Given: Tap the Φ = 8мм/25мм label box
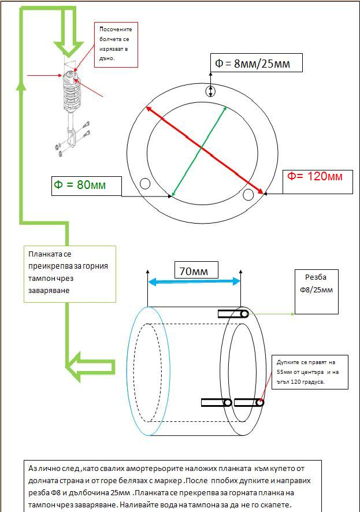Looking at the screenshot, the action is tap(256, 62).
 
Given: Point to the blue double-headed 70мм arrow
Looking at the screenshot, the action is tap(194, 281).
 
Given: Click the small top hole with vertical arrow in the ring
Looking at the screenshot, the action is tap(210, 91).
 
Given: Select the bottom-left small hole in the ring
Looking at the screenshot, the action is tap(145, 184).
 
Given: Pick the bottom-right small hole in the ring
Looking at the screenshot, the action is tap(248, 195).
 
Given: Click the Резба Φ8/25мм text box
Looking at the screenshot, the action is tap(316, 292).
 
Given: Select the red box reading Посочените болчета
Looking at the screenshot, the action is tap(116, 44).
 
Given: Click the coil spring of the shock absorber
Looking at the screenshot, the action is tap(72, 93).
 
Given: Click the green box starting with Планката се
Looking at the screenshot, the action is tap(70, 274).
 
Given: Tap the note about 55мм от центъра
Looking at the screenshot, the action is tap(310, 372).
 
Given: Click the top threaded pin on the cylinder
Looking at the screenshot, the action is tap(233, 314).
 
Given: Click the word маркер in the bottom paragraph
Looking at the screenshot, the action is tap(162, 481).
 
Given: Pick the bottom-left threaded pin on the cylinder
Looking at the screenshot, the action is tap(217, 403).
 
